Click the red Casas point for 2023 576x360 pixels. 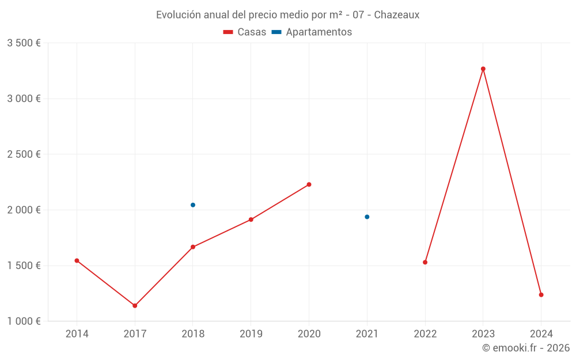coord(483,69)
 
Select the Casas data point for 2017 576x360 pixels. coord(135,306)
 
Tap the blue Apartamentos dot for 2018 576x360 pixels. coord(193,205)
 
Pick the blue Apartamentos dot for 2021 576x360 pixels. coord(367,217)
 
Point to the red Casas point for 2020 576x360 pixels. coord(309,184)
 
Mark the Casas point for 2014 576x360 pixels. coord(77,261)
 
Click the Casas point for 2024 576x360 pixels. coord(541,295)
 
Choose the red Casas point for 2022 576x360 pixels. coord(425,262)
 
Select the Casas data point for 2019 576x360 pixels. coord(251,219)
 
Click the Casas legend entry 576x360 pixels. coord(245,32)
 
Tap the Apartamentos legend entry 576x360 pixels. coord(312,32)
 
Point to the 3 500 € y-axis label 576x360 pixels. coord(24,43)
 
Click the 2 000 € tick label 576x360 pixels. coord(24,210)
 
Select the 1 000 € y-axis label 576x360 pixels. coord(24,321)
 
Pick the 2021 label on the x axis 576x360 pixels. coord(367,334)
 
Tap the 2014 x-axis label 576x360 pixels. coord(77,334)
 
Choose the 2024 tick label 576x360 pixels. coord(541,334)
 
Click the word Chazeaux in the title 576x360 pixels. coord(396,14)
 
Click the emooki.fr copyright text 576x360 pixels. coord(526,348)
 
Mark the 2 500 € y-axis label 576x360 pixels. coord(24,154)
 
